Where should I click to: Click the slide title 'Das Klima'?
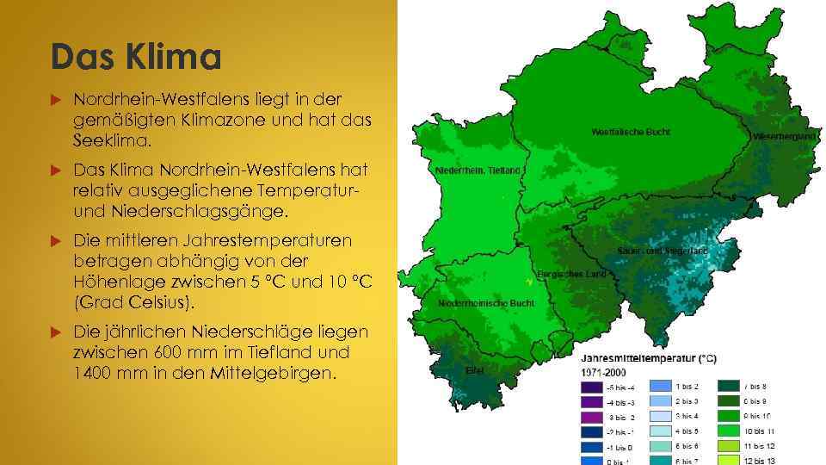click(135, 58)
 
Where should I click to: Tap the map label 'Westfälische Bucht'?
click(631, 132)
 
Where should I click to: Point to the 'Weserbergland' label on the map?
click(784, 137)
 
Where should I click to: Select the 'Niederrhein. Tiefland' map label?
click(479, 170)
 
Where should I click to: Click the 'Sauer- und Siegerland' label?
click(662, 251)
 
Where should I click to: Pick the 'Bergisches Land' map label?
click(571, 274)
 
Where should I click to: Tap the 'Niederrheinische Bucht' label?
click(486, 303)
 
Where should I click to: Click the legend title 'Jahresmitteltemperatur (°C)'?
click(649, 358)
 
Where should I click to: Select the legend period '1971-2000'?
click(604, 372)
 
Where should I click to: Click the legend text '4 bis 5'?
click(687, 431)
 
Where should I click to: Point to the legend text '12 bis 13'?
click(760, 462)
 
